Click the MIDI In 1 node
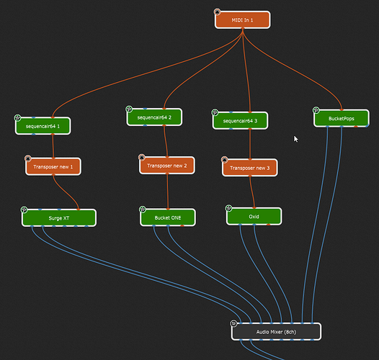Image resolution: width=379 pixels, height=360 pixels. [x=243, y=20]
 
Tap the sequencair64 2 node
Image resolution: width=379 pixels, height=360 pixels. [x=154, y=116]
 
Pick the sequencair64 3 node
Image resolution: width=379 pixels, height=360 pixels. [x=240, y=120]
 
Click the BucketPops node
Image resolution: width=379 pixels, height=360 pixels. [x=342, y=117]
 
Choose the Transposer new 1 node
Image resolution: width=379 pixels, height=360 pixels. [x=53, y=166]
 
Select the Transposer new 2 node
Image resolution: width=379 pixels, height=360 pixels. [x=166, y=165]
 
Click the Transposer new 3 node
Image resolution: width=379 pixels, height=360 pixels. [x=249, y=168]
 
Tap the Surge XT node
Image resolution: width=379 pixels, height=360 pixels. [x=58, y=217]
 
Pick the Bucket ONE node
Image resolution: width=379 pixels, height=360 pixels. [x=167, y=216]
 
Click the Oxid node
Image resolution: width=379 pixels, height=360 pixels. [x=254, y=215]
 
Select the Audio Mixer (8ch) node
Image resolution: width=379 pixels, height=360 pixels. [x=276, y=331]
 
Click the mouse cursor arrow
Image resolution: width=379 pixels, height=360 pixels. [x=295, y=138]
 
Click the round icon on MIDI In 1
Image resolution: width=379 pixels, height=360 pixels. [x=217, y=12]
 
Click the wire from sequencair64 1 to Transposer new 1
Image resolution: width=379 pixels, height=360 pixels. [x=53, y=145]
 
